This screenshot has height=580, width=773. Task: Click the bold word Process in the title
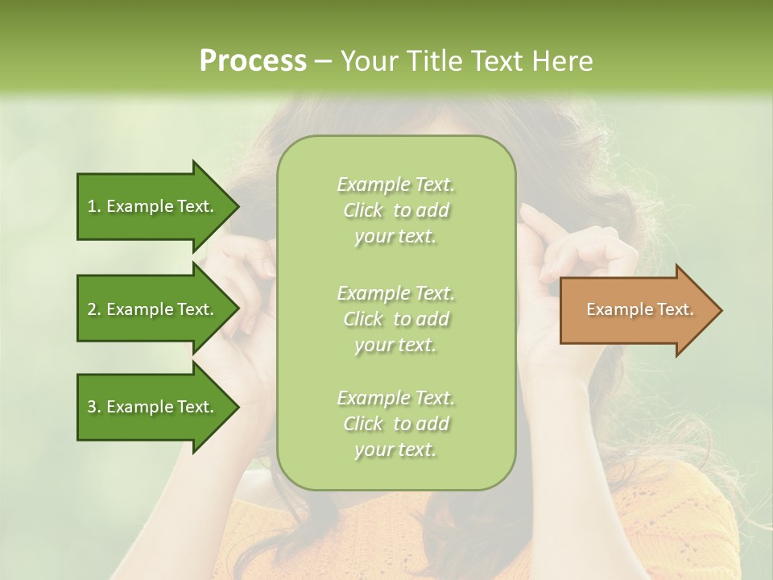pos(253,61)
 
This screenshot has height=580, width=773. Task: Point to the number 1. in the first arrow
pos(94,206)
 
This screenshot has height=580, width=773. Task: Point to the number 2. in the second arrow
pos(94,309)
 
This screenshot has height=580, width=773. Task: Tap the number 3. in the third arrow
pos(94,407)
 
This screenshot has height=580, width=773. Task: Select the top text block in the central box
pos(395,210)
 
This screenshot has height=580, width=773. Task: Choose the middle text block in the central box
pos(395,319)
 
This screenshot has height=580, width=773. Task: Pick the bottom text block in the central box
pos(395,424)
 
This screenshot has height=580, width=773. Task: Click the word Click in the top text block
pos(363,211)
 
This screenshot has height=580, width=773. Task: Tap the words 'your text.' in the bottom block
pos(395,449)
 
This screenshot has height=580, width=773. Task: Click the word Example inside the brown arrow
pos(615,309)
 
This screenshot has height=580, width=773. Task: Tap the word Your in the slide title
pos(367,61)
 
